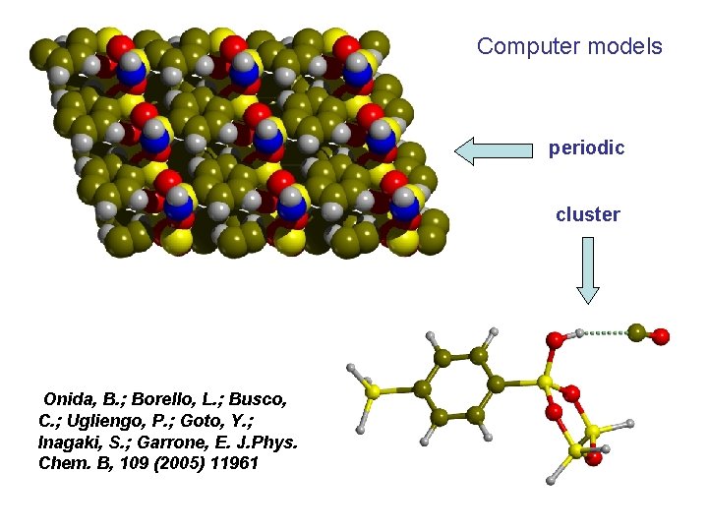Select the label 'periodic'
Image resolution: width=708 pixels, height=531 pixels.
(x=587, y=148)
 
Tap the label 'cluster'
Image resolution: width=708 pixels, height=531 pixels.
(x=588, y=214)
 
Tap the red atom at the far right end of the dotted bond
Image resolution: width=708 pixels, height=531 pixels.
(x=660, y=336)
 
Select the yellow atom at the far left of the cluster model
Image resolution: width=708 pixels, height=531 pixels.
(x=372, y=391)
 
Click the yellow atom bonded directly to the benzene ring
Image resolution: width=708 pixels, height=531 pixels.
(x=544, y=382)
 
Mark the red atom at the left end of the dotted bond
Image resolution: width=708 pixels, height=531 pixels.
(x=557, y=340)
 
